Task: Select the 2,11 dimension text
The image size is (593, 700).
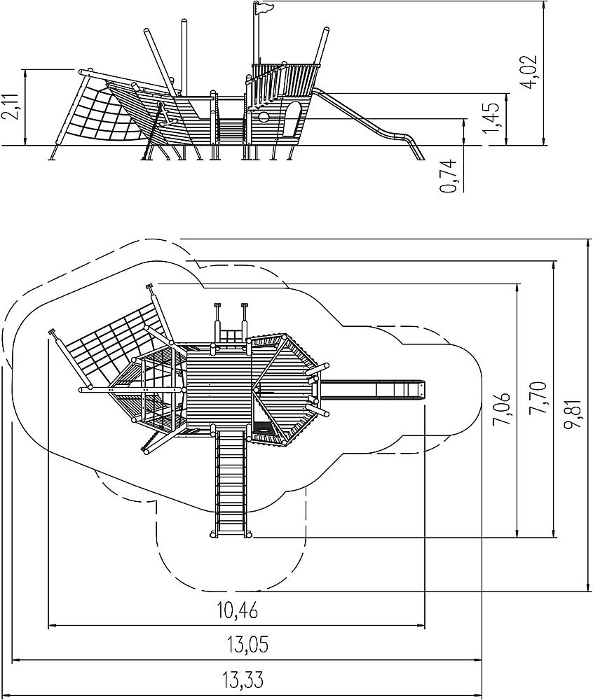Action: pos(11,106)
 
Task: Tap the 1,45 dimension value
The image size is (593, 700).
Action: pos(491,118)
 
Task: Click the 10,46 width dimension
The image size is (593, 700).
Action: pos(238,610)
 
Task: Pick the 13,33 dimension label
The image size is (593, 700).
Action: pos(243,680)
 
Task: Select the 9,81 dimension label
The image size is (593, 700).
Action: pos(572,414)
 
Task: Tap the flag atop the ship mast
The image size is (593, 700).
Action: pos(263,7)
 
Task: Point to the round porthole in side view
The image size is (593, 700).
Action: pos(264,117)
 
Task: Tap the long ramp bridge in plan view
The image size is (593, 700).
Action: pos(231,482)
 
